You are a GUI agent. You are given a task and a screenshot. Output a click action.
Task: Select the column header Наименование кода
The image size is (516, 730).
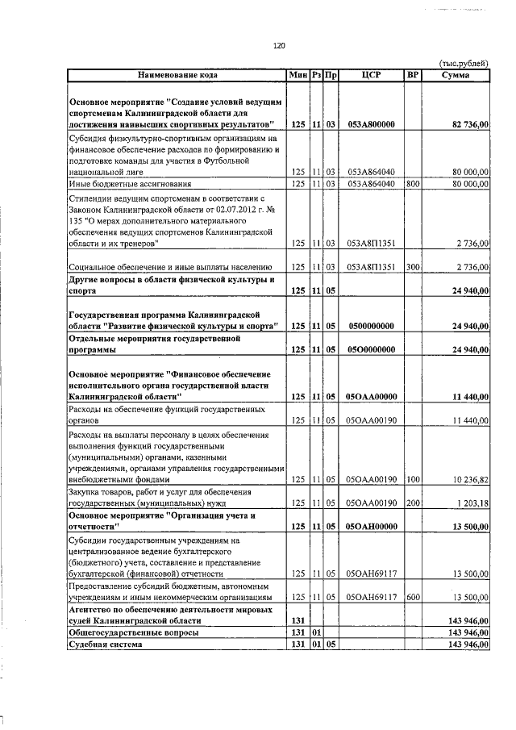pyautogui.click(x=177, y=75)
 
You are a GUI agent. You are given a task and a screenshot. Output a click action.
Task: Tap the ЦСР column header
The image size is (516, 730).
pyautogui.click(x=371, y=75)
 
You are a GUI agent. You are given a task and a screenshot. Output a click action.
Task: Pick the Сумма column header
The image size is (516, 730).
pyautogui.click(x=456, y=75)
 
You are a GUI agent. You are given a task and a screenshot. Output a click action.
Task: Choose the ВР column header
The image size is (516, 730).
pyautogui.click(x=413, y=75)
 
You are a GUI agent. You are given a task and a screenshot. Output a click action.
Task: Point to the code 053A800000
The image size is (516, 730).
pyautogui.click(x=371, y=124)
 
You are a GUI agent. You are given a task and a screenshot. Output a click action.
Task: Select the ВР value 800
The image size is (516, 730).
pyautogui.click(x=413, y=184)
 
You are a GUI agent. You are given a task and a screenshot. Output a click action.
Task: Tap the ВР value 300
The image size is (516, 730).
pyautogui.click(x=413, y=266)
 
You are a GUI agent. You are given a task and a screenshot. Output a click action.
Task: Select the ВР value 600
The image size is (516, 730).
pyautogui.click(x=413, y=598)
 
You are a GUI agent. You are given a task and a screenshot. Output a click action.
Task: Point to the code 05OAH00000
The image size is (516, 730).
pyautogui.click(x=371, y=527)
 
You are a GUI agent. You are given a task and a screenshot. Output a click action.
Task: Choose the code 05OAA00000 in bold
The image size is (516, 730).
pyautogui.click(x=371, y=397)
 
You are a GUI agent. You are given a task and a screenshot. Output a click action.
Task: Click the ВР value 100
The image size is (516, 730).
pyautogui.click(x=413, y=479)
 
